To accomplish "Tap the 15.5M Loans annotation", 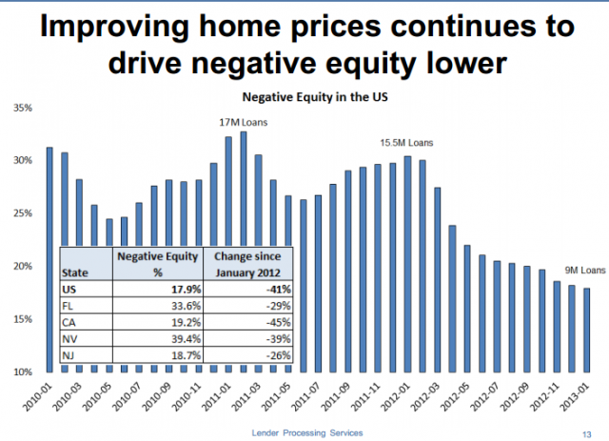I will coord(406,143).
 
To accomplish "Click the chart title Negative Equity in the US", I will coord(304,97).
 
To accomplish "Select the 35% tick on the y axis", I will coord(22,108).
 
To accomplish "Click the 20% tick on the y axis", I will coord(22,267).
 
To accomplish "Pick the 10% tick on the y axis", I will coord(22,371).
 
